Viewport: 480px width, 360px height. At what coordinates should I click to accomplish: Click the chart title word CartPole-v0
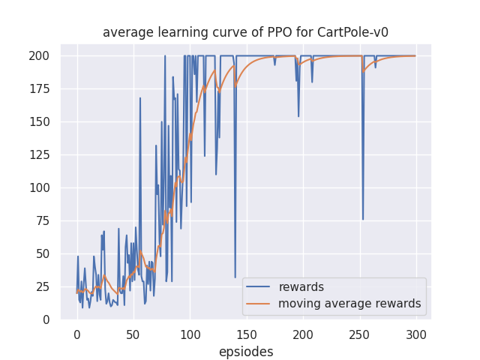click(x=353, y=32)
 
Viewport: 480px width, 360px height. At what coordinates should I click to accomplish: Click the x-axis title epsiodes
click(x=245, y=352)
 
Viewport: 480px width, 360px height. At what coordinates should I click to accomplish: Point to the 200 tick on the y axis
click(x=40, y=55)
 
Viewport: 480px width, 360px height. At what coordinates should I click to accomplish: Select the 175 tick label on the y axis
click(x=40, y=88)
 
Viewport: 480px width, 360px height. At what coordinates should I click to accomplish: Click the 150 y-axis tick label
click(x=40, y=121)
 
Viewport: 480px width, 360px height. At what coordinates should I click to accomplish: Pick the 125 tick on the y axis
click(x=40, y=154)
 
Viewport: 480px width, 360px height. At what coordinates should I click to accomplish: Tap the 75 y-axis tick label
click(x=43, y=220)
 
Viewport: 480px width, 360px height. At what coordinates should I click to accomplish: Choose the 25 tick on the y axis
click(x=43, y=286)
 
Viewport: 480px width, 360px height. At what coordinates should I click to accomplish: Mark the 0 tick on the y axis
click(x=46, y=319)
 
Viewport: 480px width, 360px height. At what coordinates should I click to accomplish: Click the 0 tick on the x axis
click(x=76, y=334)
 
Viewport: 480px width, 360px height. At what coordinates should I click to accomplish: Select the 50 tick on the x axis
click(x=133, y=334)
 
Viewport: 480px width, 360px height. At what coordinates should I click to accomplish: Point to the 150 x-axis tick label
click(x=247, y=334)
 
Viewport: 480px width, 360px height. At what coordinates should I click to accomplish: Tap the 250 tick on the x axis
click(x=360, y=334)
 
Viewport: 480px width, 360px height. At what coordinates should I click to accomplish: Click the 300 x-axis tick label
click(x=416, y=334)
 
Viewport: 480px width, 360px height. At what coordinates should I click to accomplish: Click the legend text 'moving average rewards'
click(x=349, y=304)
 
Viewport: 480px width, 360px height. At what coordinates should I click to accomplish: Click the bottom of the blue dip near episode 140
click(x=235, y=277)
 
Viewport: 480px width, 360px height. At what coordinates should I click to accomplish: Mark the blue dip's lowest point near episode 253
click(x=363, y=220)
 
